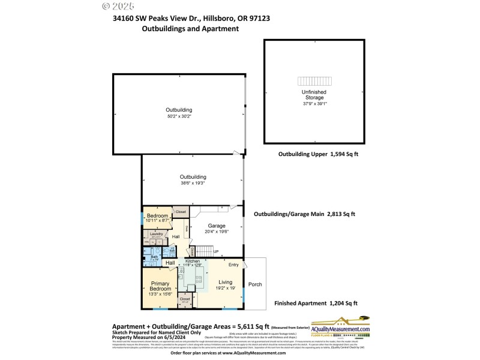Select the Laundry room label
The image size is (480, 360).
(x=157, y=235)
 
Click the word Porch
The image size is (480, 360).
(x=255, y=284)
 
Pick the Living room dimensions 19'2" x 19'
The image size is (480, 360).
(x=225, y=288)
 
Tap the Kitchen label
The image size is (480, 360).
(x=193, y=262)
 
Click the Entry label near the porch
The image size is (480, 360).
(x=233, y=265)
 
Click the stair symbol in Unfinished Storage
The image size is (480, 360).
(x=314, y=81)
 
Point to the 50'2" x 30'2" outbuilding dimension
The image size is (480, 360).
(x=179, y=116)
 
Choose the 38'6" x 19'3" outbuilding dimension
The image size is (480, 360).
(x=193, y=184)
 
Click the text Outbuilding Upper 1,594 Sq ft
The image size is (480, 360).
(x=318, y=154)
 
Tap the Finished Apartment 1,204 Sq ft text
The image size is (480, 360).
(x=316, y=304)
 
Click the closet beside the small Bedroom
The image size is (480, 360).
(x=180, y=212)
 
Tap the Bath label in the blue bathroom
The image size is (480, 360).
(x=155, y=256)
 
